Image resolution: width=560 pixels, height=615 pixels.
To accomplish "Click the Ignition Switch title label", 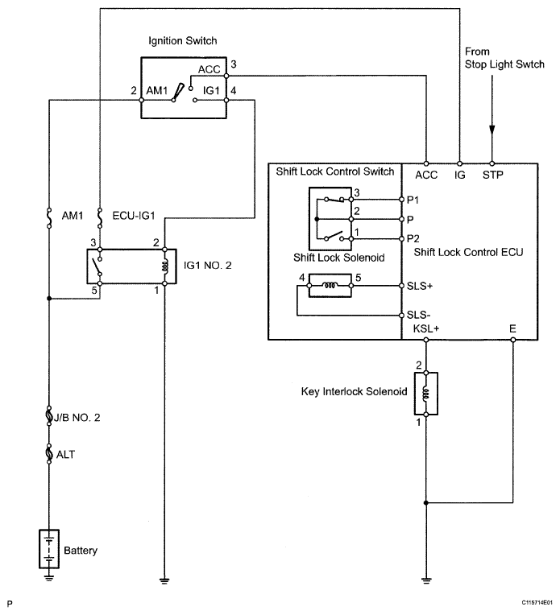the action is pyautogui.click(x=183, y=41).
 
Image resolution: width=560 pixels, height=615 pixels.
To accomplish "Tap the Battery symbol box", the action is pyautogui.click(x=49, y=549).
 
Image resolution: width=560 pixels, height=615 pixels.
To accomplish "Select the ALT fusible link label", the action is pyautogui.click(x=65, y=455).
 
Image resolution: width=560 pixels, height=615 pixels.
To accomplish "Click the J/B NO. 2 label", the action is pyautogui.click(x=77, y=417).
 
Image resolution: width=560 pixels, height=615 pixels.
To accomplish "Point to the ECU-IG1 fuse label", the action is pyautogui.click(x=134, y=216).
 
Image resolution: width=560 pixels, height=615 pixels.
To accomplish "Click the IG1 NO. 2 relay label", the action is pyautogui.click(x=207, y=266).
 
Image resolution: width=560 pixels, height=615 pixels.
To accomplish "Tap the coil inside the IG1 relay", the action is pyautogui.click(x=165, y=266).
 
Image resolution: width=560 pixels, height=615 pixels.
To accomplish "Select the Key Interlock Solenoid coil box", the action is pyautogui.click(x=426, y=394).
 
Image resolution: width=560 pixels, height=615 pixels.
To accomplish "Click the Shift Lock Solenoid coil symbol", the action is pyautogui.click(x=330, y=286).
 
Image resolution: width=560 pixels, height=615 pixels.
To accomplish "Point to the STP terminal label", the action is pyautogui.click(x=493, y=175).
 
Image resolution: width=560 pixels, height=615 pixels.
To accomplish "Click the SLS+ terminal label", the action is pyautogui.click(x=420, y=286).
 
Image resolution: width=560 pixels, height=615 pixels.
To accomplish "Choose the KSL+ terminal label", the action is pyautogui.click(x=426, y=328).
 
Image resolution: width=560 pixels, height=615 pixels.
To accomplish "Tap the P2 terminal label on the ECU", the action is pyautogui.click(x=413, y=238).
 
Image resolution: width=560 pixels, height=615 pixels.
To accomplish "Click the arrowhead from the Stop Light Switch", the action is pyautogui.click(x=492, y=130).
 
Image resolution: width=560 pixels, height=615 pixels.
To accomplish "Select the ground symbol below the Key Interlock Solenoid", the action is pyautogui.click(x=426, y=580).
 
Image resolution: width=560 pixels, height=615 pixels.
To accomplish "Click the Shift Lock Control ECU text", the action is pyautogui.click(x=468, y=252).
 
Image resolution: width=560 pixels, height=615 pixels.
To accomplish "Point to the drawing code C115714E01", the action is pyautogui.click(x=537, y=602).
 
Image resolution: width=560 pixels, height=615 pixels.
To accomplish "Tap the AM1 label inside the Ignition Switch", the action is pyautogui.click(x=156, y=91).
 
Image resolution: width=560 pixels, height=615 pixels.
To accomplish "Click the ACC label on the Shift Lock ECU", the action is pyautogui.click(x=426, y=175).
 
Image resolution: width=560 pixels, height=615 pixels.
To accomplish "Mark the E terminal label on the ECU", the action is pyautogui.click(x=512, y=328).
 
